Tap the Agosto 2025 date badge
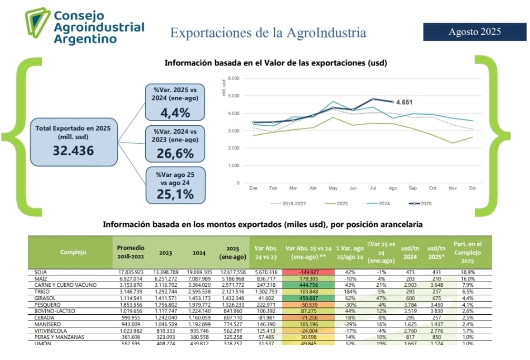point(475,32)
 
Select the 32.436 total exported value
point(73,151)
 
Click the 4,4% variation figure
point(175,112)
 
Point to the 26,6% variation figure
point(175,154)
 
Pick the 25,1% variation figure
point(175,194)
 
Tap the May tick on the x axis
point(333,188)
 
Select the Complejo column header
point(73,252)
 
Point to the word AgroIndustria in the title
point(326,33)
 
